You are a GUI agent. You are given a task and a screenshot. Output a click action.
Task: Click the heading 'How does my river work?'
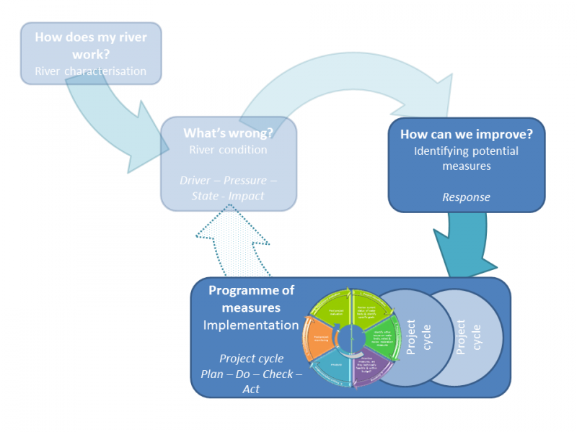click(90, 45)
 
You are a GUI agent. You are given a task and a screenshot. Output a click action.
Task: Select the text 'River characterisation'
click(90, 71)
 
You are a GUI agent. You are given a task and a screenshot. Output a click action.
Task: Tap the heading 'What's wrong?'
click(228, 133)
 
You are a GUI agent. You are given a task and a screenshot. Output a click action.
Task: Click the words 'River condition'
click(228, 150)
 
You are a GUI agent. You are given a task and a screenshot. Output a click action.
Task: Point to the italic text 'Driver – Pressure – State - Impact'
click(228, 187)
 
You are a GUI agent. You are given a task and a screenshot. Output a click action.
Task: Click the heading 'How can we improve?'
click(467, 134)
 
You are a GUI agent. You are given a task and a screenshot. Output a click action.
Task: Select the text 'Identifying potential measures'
click(467, 158)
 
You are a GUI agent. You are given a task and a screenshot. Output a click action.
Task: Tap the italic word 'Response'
click(466, 197)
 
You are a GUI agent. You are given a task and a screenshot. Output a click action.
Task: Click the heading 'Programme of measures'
click(251, 300)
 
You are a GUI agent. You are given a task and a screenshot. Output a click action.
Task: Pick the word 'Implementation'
click(251, 325)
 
